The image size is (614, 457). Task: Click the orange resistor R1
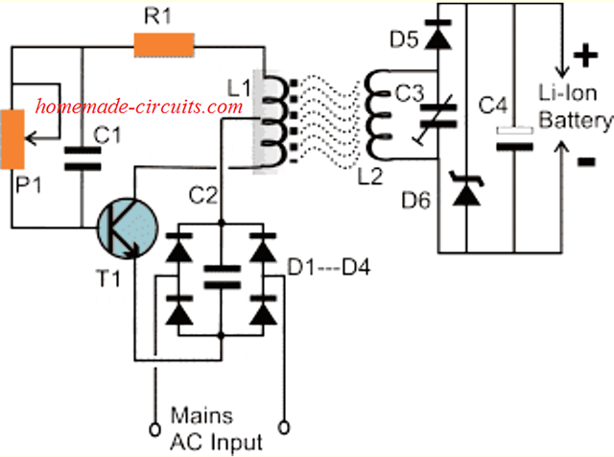[164, 43]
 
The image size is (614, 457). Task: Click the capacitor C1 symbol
[81, 157]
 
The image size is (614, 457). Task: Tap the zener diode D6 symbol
[464, 191]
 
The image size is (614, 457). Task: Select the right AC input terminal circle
[284, 425]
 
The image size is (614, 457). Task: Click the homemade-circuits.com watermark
[139, 107]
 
